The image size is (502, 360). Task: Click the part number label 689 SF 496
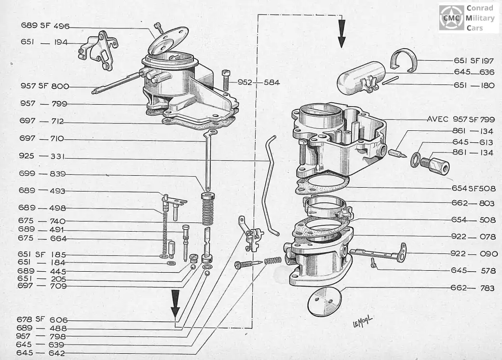click(45, 26)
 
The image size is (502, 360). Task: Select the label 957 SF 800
click(45, 86)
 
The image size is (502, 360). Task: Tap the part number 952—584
click(258, 83)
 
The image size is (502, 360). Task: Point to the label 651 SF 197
click(474, 60)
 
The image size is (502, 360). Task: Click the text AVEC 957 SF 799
click(461, 120)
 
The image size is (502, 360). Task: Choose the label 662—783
click(473, 288)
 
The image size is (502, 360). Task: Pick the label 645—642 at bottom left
click(41, 353)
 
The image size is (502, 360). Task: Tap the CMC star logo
click(451, 18)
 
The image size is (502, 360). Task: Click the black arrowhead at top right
click(342, 34)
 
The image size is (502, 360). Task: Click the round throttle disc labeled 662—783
click(324, 302)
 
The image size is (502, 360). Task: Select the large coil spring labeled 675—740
click(207, 209)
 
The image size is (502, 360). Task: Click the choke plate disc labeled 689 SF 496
click(168, 41)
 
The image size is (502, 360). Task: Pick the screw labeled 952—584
click(226, 80)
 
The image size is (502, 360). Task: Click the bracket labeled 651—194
click(98, 50)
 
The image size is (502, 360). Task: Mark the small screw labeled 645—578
click(373, 263)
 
